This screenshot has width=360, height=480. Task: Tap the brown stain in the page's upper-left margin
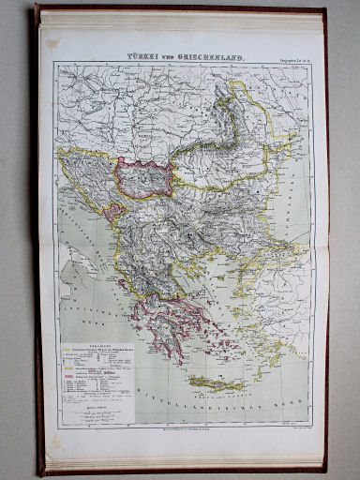pos(53,44)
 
